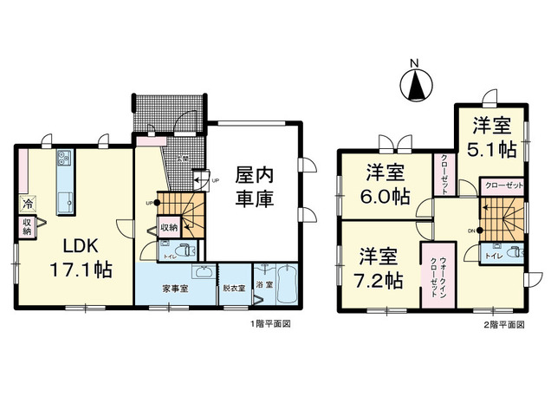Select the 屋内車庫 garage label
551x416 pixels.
click(255, 185)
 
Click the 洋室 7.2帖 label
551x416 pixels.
click(377, 269)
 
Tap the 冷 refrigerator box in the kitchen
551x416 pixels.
click(27, 205)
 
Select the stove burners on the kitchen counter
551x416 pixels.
click(65, 159)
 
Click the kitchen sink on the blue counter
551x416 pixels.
click(65, 201)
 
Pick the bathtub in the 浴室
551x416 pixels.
click(287, 285)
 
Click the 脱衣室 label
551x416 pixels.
click(234, 286)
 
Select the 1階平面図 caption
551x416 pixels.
click(265, 324)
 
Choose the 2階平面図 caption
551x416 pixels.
click(504, 324)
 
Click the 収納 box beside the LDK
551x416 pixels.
click(27, 227)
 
